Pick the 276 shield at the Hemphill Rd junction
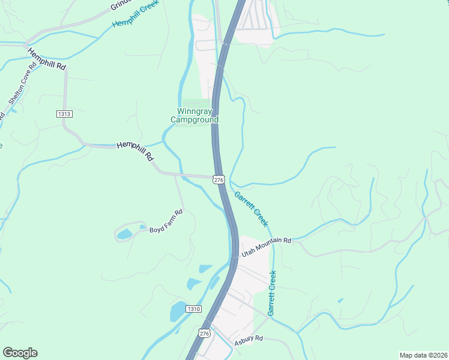coord(218,179)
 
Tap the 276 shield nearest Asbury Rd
coord(205,332)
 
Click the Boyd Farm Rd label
coord(166,230)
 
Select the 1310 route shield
coord(192,308)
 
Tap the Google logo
coord(20,352)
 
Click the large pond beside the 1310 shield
coord(178,312)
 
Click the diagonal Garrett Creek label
coord(251,208)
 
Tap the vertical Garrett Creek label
coord(272,293)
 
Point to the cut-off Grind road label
coord(119,5)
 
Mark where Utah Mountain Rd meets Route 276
coord(235,255)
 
